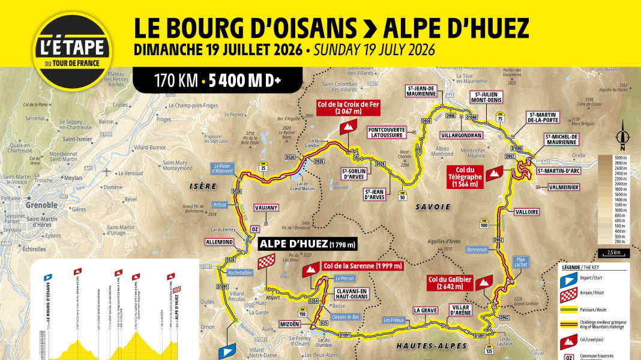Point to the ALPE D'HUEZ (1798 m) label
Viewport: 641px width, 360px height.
(x=308, y=244)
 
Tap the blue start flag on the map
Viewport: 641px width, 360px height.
(x=228, y=350)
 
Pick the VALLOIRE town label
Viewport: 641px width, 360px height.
(x=527, y=212)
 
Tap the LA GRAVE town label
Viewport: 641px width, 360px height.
(x=425, y=310)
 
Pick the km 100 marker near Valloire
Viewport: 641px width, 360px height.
(x=484, y=225)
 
